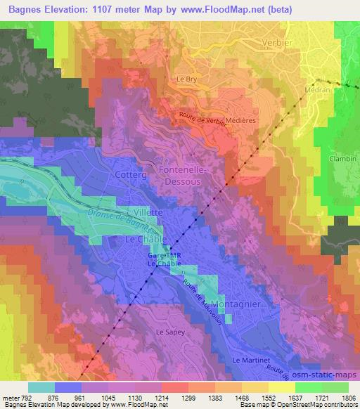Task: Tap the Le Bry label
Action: pyautogui.click(x=186, y=79)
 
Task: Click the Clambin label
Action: pyautogui.click(x=343, y=159)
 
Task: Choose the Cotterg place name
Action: pyautogui.click(x=129, y=172)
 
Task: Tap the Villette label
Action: pyautogui.click(x=148, y=211)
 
